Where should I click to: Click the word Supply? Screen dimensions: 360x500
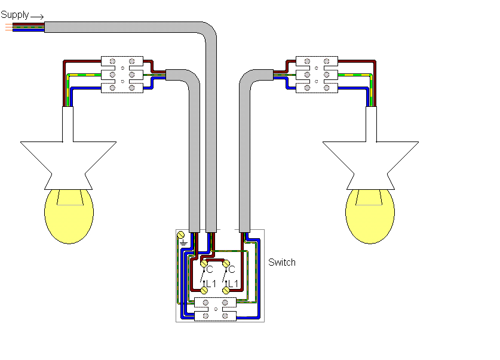pyautogui.click(x=15, y=14)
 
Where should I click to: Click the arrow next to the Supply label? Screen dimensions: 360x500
pyautogui.click(x=37, y=17)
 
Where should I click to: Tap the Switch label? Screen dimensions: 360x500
pyautogui.click(x=282, y=262)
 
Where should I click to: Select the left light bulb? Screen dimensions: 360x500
pyautogui.click(x=69, y=214)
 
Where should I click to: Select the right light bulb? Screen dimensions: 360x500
pyautogui.click(x=370, y=214)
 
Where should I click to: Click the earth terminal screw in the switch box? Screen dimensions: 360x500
pyautogui.click(x=182, y=237)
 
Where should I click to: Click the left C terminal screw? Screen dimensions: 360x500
pyautogui.click(x=204, y=262)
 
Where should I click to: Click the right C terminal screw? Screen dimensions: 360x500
pyautogui.click(x=226, y=262)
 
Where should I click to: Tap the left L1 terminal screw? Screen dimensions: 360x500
pyautogui.click(x=204, y=290)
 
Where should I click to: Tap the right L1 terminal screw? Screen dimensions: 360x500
pyautogui.click(x=226, y=290)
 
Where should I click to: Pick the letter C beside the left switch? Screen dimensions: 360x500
pyautogui.click(x=210, y=270)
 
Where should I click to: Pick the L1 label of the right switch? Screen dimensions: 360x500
pyautogui.click(x=233, y=282)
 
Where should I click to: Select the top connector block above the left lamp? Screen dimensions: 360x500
pyautogui.click(x=122, y=61)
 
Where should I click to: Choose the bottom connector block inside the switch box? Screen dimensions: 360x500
pyautogui.click(x=216, y=314)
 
